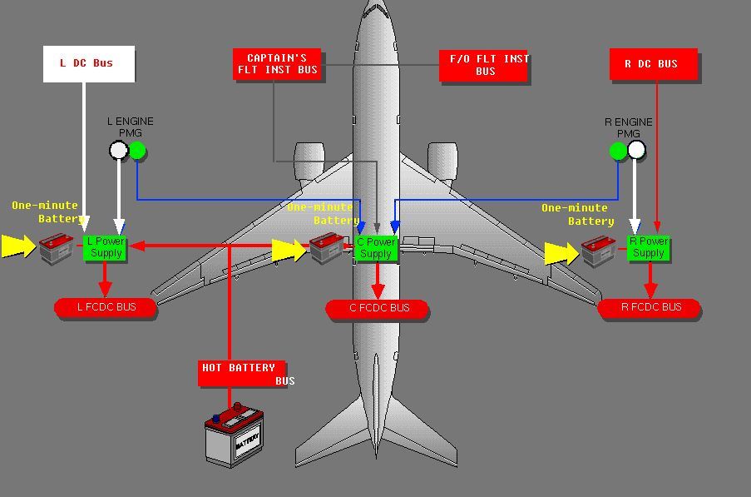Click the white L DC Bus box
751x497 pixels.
[x=89, y=64]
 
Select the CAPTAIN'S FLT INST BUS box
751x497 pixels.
[x=277, y=64]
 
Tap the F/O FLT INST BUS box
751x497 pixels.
[x=483, y=66]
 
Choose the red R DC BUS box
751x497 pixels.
[x=653, y=65]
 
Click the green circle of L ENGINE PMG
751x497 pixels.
[x=137, y=151]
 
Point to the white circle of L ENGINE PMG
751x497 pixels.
[x=119, y=151]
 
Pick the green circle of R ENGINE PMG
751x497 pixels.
[x=618, y=151]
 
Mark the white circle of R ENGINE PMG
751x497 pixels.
[x=636, y=150]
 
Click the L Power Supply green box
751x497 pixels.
[x=106, y=247]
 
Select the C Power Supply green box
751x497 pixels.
[x=376, y=248]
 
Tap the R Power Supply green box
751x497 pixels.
[x=649, y=247]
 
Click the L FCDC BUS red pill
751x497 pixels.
[x=106, y=308]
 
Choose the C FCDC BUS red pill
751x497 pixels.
[x=378, y=309]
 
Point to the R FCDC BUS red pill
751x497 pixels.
[x=650, y=308]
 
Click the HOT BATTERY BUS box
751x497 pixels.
[x=242, y=373]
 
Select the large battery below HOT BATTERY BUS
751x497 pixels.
[x=235, y=434]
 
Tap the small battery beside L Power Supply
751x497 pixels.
[x=57, y=247]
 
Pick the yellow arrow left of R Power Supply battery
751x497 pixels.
[x=561, y=253]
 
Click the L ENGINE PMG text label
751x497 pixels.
[x=131, y=127]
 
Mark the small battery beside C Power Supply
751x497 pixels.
[x=328, y=247]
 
